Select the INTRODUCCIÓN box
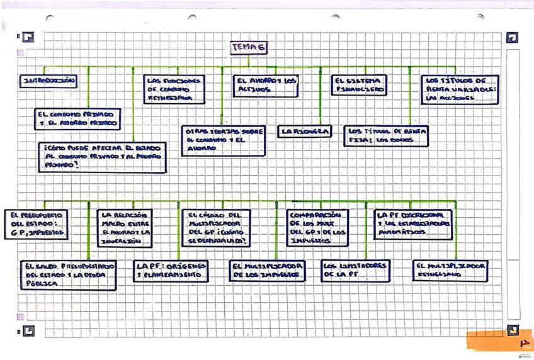pyautogui.click(x=49, y=81)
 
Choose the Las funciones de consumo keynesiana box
pyautogui.click(x=174, y=90)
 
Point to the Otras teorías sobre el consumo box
pyautogui.click(x=222, y=140)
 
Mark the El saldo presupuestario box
pyautogui.click(x=68, y=275)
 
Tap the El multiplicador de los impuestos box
pyautogui.click(x=267, y=271)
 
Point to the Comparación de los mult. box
pyautogui.click(x=317, y=227)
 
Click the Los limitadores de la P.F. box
pyautogui.click(x=355, y=271)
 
